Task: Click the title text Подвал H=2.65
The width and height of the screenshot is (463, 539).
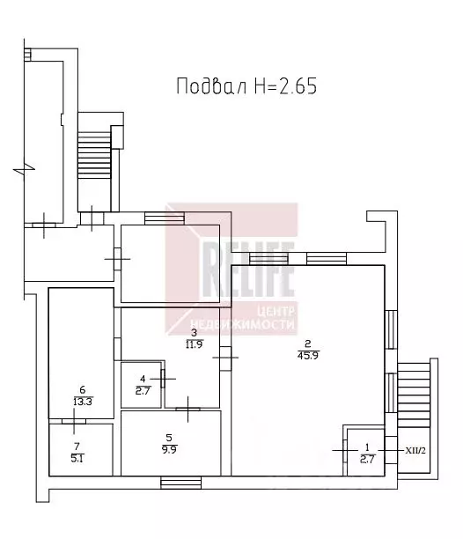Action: click(246, 86)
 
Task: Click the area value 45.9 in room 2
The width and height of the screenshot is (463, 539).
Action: click(308, 356)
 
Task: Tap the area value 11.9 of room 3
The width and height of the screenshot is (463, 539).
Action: click(194, 344)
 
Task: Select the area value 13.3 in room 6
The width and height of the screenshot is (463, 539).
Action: click(83, 402)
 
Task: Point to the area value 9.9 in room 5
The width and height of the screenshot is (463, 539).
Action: click(169, 449)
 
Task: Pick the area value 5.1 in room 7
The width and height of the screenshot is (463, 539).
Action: click(77, 458)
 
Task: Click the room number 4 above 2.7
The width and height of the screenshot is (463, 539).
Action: click(143, 379)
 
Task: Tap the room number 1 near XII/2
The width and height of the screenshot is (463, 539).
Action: click(367, 447)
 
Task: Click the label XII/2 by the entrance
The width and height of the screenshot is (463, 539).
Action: click(415, 450)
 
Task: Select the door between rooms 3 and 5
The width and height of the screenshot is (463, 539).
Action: click(187, 409)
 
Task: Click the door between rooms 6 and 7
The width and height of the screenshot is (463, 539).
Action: click(74, 421)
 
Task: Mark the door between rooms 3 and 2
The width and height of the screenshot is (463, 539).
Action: click(225, 358)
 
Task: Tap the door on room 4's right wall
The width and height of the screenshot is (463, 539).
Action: click(163, 379)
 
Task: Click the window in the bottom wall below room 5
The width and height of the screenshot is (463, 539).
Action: click(181, 483)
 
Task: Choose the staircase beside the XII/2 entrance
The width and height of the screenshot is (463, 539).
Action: click(414, 395)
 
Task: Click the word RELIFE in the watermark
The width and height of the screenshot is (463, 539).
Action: click(248, 269)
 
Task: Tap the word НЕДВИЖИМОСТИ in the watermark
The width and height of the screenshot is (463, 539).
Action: click(242, 324)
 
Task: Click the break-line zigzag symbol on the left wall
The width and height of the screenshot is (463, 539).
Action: click(24, 169)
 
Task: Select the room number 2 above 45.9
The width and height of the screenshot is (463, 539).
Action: click(308, 343)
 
